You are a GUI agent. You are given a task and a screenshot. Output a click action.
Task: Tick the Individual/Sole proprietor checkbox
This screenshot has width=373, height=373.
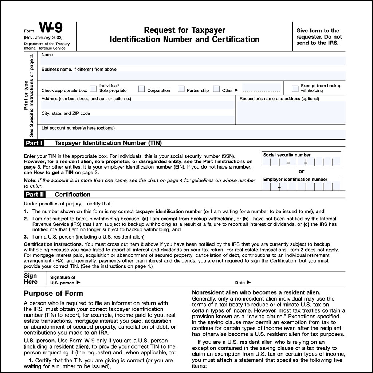(x=93, y=89)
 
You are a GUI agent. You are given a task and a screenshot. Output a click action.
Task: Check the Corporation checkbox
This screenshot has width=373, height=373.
(x=141, y=89)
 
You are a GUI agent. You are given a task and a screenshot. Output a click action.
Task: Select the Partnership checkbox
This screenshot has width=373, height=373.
(x=181, y=89)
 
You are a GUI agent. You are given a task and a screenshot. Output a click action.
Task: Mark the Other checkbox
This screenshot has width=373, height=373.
(x=216, y=89)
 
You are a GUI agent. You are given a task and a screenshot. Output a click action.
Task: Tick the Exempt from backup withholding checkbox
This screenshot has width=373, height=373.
(x=295, y=89)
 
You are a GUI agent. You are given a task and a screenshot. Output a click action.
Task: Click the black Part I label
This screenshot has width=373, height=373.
(x=35, y=143)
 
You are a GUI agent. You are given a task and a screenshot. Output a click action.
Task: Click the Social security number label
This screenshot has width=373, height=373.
(x=287, y=155)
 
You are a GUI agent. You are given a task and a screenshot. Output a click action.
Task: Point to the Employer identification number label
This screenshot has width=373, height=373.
(x=295, y=179)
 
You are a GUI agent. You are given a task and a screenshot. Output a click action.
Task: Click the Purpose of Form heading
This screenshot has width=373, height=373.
(x=53, y=294)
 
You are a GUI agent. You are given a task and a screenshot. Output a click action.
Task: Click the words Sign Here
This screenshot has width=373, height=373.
(x=31, y=279)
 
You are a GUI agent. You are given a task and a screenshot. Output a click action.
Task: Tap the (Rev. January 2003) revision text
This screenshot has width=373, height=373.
(x=43, y=38)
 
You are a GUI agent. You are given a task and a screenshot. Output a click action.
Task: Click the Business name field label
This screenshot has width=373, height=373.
(x=79, y=69)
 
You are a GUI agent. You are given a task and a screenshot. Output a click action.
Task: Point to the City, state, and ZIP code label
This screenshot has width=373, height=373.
(x=66, y=113)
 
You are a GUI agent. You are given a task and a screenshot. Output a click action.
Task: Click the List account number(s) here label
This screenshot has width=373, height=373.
(x=78, y=128)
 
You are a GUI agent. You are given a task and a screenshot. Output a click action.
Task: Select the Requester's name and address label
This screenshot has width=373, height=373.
(x=279, y=99)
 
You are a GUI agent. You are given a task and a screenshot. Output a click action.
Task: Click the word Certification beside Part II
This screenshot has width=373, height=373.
(x=72, y=195)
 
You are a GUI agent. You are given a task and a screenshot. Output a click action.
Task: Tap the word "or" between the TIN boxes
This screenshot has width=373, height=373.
(x=301, y=171)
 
